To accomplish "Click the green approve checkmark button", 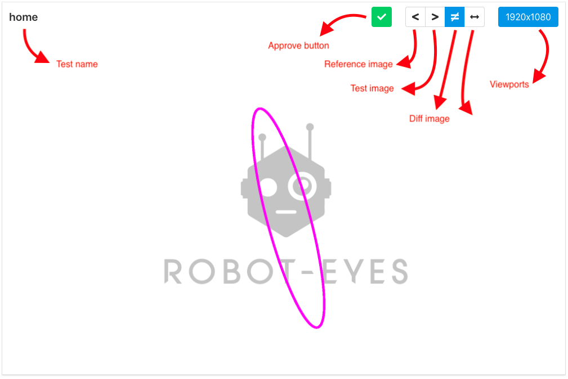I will point(381,17).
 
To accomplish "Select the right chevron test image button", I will point(435,17).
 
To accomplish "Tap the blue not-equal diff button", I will point(454,17).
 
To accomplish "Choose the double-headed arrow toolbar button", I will point(475,17).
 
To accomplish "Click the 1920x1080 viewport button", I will point(528,17).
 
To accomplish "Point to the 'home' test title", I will point(24,17).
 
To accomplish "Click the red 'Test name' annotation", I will point(77,64).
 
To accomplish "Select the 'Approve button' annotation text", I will point(298,46).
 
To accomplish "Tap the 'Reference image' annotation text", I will point(358,64).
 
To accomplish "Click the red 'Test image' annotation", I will point(372,88).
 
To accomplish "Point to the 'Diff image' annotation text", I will point(429,119).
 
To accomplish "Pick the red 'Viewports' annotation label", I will point(509,85).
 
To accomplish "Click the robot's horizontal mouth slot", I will point(286,213).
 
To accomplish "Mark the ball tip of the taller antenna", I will point(310,127).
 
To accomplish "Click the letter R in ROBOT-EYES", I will point(173,271).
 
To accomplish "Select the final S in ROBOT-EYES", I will point(397,271).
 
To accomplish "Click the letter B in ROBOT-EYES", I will point(236,271).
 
